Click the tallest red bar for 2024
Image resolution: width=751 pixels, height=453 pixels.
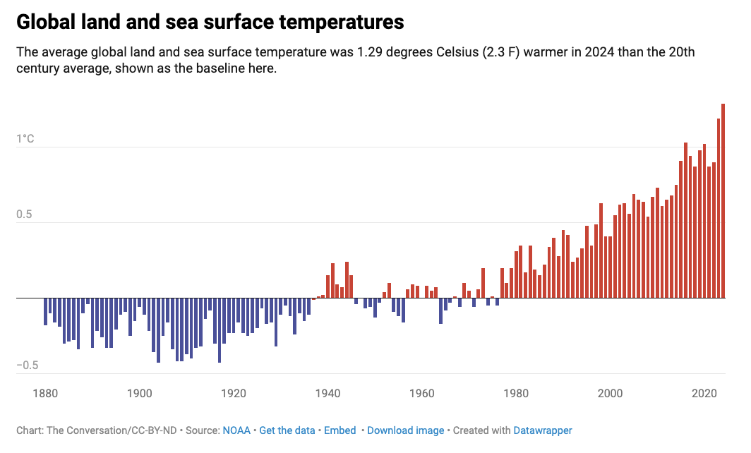(x=723, y=201)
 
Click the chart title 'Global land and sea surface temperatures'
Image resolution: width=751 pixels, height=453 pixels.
(x=210, y=22)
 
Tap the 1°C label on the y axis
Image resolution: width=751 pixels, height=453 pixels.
(x=25, y=139)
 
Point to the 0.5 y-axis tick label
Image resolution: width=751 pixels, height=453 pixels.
(x=25, y=215)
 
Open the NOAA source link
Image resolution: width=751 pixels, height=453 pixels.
(x=236, y=430)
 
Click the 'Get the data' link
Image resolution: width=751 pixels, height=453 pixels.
(x=287, y=430)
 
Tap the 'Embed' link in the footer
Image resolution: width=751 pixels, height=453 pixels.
(x=340, y=430)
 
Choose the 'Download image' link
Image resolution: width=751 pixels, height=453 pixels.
(x=406, y=430)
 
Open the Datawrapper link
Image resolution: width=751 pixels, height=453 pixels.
(x=542, y=430)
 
